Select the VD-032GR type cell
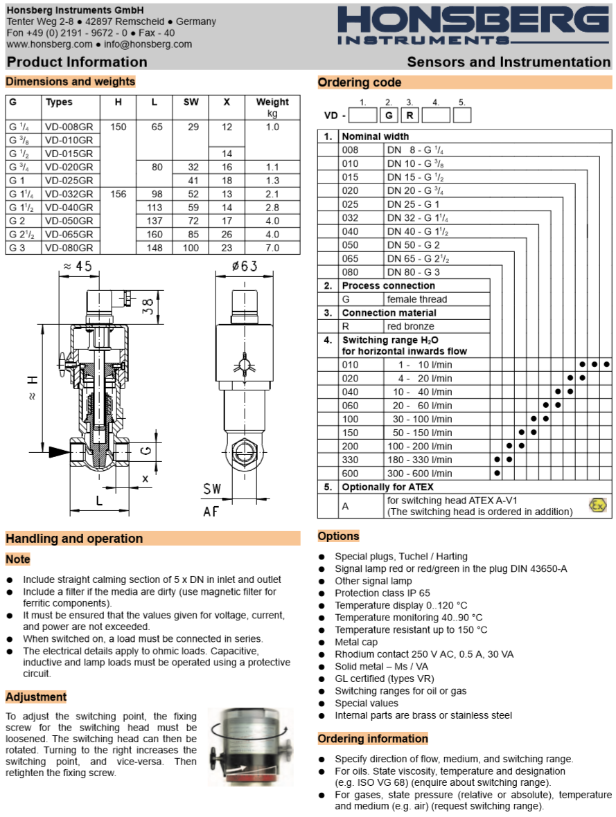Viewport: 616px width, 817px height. pos(69,195)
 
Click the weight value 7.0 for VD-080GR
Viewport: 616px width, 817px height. pos(272,248)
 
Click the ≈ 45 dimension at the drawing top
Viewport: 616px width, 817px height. pos(78,267)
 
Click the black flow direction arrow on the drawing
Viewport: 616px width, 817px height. pos(59,451)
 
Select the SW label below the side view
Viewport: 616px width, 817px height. pos(212,490)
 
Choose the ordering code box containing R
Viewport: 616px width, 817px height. pos(410,116)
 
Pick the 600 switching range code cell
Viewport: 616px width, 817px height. pos(350,474)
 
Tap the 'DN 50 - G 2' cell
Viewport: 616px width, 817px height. pos(413,245)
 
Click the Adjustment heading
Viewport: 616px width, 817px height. pos(36,697)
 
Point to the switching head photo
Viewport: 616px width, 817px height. pos(249,746)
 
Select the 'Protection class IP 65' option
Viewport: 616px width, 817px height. pos(382,593)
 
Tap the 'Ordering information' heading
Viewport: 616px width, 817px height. pos(373,739)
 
